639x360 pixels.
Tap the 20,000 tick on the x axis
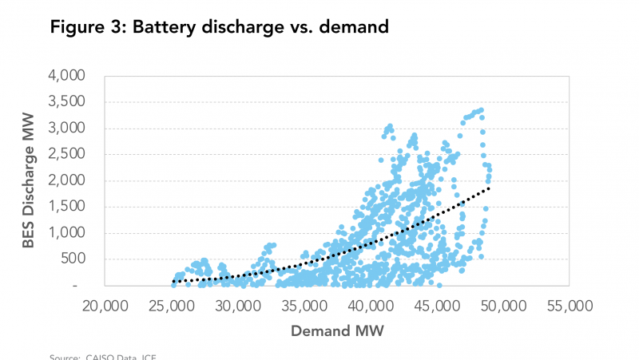[105, 306]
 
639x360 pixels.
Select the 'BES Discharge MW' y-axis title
[30, 181]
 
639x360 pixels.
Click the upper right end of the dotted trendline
[488, 188]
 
